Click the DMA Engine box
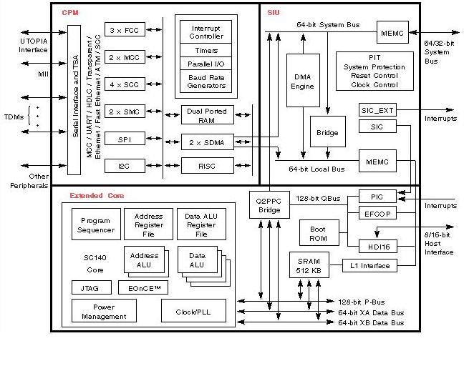[302, 81]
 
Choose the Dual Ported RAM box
[207, 115]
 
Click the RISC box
[207, 166]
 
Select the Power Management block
[104, 311]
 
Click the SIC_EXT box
[377, 110]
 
